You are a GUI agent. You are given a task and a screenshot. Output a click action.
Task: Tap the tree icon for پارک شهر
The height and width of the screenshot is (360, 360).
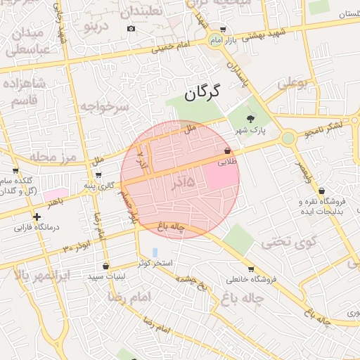pyautogui.click(x=252, y=118)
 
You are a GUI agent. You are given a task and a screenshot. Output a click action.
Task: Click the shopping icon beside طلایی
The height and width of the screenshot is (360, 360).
pyautogui.click(x=226, y=151)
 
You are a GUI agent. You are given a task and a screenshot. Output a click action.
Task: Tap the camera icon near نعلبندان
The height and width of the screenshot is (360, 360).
pyautogui.click(x=131, y=29)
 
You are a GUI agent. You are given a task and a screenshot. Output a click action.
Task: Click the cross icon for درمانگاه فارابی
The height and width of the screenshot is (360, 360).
pyautogui.click(x=37, y=217)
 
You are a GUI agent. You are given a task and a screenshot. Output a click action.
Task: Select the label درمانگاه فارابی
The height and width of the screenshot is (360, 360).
pyautogui.click(x=41, y=228)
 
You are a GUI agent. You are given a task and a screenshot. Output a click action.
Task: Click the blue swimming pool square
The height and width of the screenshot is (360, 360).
pyautogui.click(x=155, y=251)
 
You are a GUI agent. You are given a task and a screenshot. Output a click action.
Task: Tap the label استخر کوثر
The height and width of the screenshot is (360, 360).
pyautogui.click(x=155, y=262)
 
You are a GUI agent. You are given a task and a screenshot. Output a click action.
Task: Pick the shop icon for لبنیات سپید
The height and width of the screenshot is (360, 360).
pyautogui.click(x=105, y=266)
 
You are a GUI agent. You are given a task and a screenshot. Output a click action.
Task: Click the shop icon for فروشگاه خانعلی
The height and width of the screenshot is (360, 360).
pyautogui.click(x=251, y=269)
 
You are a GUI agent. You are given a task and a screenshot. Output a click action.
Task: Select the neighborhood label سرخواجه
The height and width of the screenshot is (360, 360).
pyautogui.click(x=104, y=107)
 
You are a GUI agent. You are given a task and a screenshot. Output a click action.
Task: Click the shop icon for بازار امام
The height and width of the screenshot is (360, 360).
pyautogui.click(x=223, y=30)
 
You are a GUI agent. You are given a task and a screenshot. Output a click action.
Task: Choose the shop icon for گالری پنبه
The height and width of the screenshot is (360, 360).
pyautogui.click(x=98, y=175)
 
